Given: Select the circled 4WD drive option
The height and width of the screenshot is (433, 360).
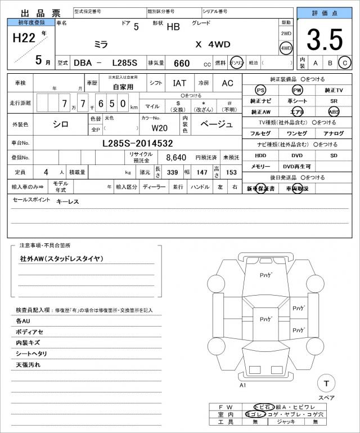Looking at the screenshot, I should pos(286,48).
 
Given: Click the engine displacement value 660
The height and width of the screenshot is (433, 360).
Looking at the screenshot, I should pos(182,64).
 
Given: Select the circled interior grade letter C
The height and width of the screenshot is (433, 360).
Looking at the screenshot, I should pos(345,63).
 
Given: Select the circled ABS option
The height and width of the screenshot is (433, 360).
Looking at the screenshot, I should pos(334,111).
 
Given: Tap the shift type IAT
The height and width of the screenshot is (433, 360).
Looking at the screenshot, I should pos(179,83).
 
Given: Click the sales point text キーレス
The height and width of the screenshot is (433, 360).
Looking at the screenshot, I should pos(67,202).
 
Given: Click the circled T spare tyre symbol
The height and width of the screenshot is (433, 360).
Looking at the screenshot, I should pos(326,383).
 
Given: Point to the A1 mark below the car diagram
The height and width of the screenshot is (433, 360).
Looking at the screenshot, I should pos(243,386).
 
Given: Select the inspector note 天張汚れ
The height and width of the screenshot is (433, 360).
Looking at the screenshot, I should pos(29,365).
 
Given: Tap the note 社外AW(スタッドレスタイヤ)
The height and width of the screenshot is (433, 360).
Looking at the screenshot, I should pos(61,258).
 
